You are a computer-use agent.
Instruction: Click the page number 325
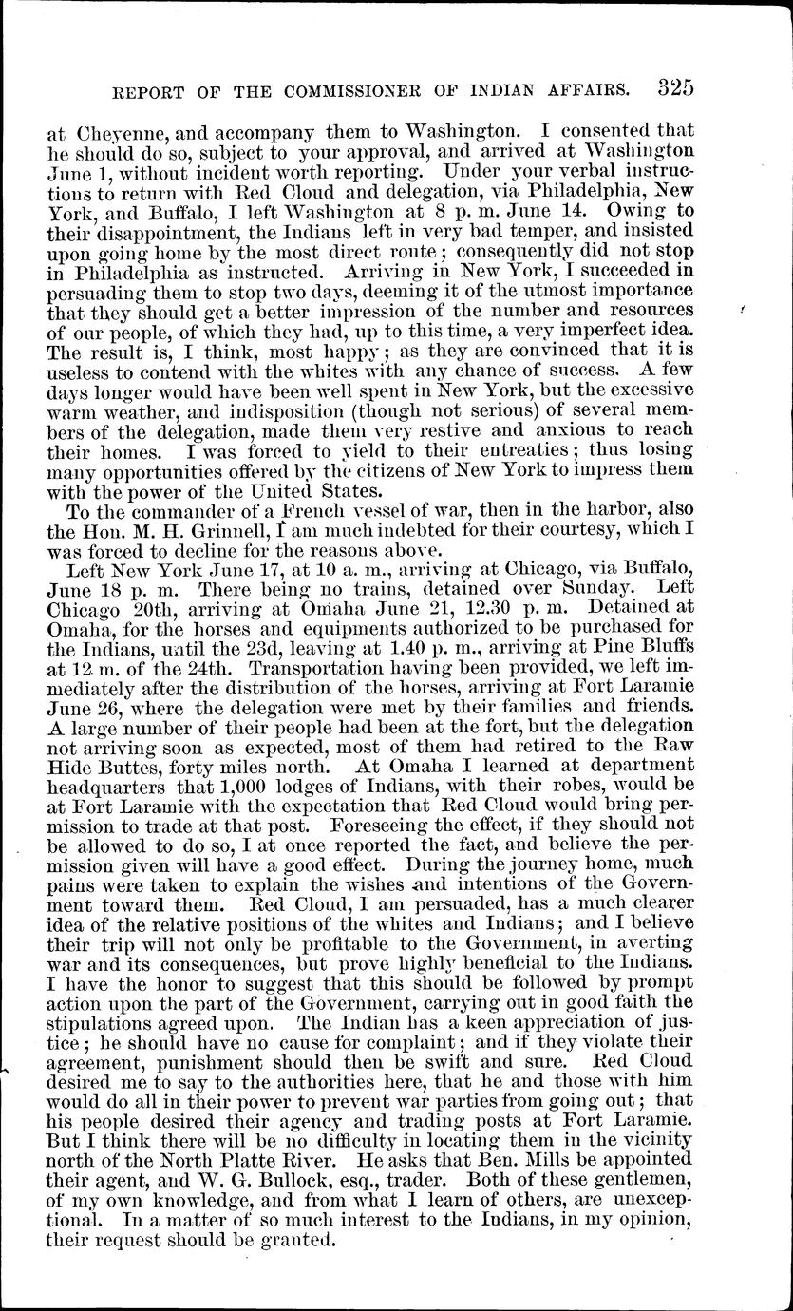[674, 88]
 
